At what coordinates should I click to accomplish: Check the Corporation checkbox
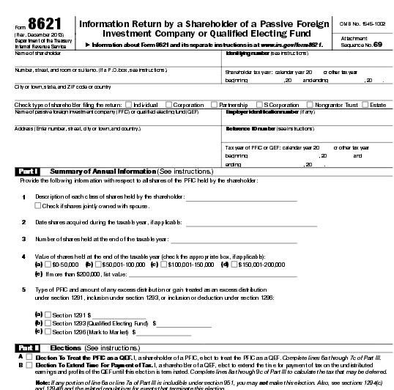point(168,105)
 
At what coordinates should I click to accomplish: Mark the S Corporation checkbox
point(259,105)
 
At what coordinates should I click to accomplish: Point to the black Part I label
point(27,171)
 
